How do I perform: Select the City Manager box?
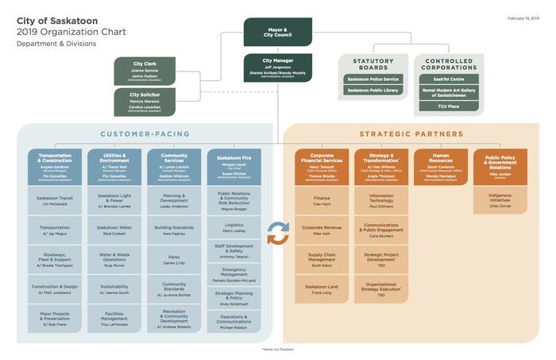coord(277,68)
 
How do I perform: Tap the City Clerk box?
coord(144,71)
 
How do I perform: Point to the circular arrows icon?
coord(277,233)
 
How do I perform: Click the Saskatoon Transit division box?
coord(55,200)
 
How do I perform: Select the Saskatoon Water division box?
coord(114,230)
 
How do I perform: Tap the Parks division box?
coord(174,259)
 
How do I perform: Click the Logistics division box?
coord(234,227)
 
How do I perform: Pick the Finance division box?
coord(322,200)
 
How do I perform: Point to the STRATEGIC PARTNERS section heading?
coord(411,134)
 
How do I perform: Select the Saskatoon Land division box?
coord(322,289)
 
